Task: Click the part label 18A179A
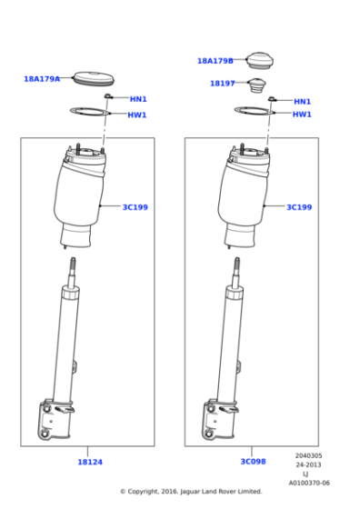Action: click(42, 79)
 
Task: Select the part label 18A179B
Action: click(215, 61)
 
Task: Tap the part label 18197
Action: click(222, 83)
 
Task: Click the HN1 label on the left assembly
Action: click(137, 99)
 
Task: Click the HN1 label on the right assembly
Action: click(302, 102)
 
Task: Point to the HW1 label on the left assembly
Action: click(137, 115)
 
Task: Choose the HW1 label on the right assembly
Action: click(302, 115)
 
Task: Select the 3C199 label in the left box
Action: click(135, 207)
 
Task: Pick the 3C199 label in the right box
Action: click(299, 207)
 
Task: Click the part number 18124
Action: click(89, 462)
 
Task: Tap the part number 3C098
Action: click(253, 462)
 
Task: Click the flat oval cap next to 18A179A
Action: click(91, 77)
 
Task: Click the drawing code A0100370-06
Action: click(309, 483)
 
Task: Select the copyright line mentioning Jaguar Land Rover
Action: click(191, 492)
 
